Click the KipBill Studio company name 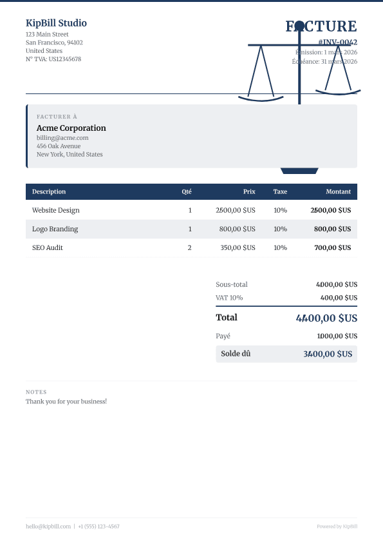click(x=56, y=23)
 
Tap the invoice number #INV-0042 click(x=337, y=42)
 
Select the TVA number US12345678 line click(x=53, y=59)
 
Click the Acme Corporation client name click(x=71, y=128)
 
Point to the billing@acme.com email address click(x=62, y=137)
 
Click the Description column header click(x=49, y=191)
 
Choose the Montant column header click(x=338, y=191)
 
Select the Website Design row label click(x=56, y=210)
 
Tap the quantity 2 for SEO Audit click(x=189, y=247)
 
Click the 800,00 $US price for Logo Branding click(x=237, y=229)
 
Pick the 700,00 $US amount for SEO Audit click(x=332, y=247)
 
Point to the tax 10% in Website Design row click(x=280, y=210)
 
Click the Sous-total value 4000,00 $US click(x=337, y=284)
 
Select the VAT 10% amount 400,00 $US click(x=339, y=298)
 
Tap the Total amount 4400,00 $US click(x=326, y=318)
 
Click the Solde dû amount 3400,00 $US click(x=328, y=354)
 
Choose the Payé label click(x=223, y=336)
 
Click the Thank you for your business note click(x=66, y=402)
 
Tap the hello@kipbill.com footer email click(x=48, y=527)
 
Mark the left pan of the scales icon click(x=261, y=99)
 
